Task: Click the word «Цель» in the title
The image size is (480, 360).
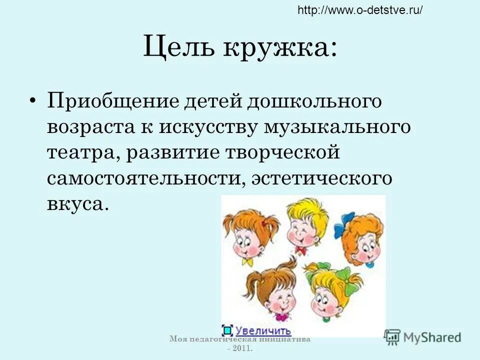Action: pos(178,48)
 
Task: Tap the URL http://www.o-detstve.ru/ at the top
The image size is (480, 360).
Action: pos(360,10)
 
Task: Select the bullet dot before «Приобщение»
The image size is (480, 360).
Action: pos(33,100)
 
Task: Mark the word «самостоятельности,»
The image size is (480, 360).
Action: pos(143,178)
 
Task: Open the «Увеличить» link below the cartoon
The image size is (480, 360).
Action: pos(263,330)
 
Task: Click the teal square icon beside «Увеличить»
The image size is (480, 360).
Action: pos(227,330)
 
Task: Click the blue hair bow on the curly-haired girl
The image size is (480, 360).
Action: pos(347,220)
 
